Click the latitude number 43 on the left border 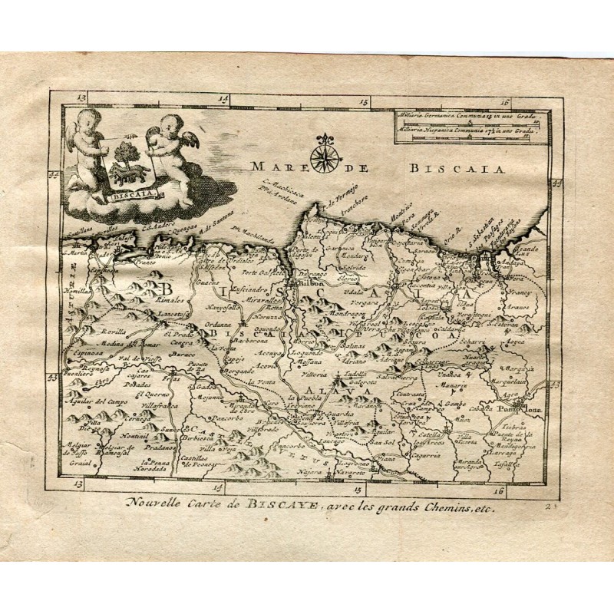click(x=54, y=377)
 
